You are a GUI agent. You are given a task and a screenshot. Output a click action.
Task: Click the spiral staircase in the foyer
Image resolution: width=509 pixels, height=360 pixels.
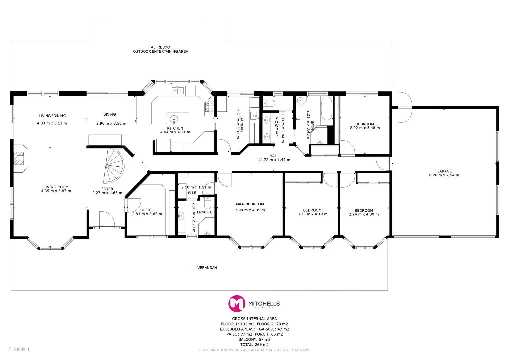point(113,166)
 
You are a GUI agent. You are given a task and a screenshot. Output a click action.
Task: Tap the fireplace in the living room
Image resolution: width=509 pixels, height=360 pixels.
point(21,158)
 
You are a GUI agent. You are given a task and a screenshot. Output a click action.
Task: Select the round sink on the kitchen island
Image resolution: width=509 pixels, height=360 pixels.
point(174,119)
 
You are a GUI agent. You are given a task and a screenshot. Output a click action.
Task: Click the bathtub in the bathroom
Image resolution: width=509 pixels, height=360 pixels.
point(326,108)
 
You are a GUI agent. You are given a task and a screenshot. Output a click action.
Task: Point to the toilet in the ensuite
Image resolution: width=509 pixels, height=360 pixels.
point(207,203)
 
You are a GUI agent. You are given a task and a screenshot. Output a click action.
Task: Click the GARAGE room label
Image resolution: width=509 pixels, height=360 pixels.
point(444,171)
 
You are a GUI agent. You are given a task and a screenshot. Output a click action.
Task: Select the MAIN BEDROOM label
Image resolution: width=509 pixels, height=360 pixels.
point(250,204)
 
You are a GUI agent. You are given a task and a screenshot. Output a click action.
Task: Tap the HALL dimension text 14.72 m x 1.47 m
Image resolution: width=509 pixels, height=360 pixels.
point(274,160)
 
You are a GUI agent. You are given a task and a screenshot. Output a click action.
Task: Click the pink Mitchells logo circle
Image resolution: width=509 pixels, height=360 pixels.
point(237,303)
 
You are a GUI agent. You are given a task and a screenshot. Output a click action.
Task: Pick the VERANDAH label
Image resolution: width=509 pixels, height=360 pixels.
point(207,268)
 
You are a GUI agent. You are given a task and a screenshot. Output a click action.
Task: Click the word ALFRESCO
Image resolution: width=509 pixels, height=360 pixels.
point(160,47)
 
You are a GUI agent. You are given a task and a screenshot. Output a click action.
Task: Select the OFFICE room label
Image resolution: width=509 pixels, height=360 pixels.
point(147,210)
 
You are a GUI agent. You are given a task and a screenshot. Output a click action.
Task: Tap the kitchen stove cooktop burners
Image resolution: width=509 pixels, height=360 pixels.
point(210,107)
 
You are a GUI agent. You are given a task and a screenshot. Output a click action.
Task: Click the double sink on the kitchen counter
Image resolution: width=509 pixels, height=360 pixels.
point(177,90)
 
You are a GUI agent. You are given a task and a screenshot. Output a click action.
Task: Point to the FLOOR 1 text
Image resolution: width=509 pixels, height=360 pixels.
point(19,349)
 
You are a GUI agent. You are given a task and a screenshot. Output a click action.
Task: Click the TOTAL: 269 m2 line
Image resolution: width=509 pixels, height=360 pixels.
point(254,345)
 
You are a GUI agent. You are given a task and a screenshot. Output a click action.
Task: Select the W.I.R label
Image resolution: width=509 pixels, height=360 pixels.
point(192,193)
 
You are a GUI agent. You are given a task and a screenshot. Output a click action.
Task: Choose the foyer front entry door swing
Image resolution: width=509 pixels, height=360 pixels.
point(107,219)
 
